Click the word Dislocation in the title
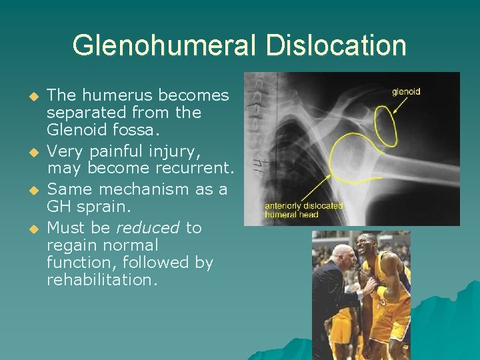[335, 46]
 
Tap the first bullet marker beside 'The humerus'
[27, 96]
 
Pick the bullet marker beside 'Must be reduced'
[27, 229]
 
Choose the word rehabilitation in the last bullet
[102, 280]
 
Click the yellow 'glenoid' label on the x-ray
[406, 92]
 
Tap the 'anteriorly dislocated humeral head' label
[303, 209]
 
